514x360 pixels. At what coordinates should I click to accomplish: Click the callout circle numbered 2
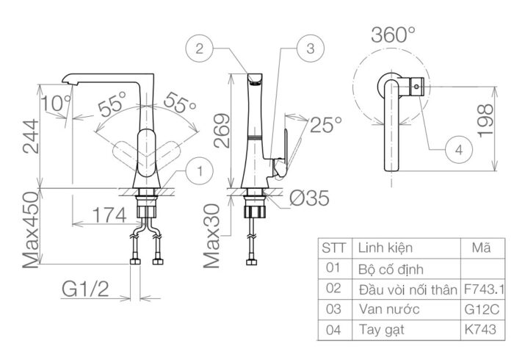click(x=199, y=49)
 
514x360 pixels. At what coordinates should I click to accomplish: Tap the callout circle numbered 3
click(x=309, y=49)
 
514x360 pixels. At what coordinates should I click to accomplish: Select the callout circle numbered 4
click(x=459, y=149)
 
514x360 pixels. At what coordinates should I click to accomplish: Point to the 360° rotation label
click(x=393, y=35)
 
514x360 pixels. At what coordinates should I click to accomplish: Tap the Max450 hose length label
click(x=30, y=229)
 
